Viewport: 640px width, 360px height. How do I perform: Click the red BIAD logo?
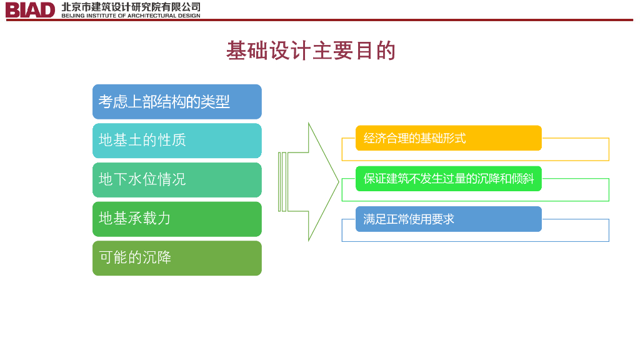(30, 10)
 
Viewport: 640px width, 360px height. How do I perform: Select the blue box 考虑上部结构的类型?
(177, 102)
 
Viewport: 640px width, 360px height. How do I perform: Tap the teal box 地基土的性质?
(177, 141)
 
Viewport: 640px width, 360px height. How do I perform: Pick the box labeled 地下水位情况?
(177, 180)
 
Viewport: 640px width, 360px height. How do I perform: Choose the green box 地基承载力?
(177, 219)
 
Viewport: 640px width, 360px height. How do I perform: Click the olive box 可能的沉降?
(177, 258)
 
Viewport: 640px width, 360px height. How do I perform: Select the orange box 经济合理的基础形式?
(448, 138)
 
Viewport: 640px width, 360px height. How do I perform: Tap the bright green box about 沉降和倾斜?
(448, 179)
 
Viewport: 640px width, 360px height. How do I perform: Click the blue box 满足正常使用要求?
(448, 219)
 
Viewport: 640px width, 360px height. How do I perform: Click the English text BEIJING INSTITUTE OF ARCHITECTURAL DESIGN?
(131, 16)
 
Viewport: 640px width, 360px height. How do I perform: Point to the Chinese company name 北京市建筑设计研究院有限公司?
(131, 6)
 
